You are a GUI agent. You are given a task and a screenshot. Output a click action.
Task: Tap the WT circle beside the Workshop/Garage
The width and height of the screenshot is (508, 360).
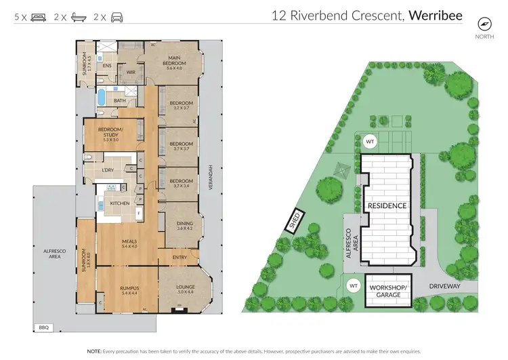pyautogui.click(x=352, y=286)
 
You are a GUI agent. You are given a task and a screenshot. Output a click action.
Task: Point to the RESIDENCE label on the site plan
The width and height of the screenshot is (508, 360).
pyautogui.click(x=387, y=205)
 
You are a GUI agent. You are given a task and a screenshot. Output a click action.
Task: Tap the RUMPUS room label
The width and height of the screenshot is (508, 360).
pyautogui.click(x=128, y=287)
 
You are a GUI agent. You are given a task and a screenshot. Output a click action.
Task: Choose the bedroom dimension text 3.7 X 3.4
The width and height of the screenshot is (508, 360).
pyautogui.click(x=181, y=185)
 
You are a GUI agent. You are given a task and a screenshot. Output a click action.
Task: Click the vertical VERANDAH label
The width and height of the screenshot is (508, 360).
pyautogui.click(x=211, y=178)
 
